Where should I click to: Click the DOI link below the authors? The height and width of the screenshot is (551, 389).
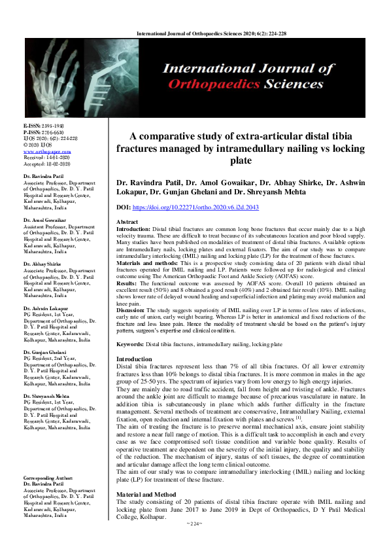click(205, 207)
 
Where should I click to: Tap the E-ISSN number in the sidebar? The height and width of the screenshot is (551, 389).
click(42, 125)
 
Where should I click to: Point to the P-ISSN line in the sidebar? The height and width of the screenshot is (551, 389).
click(42, 132)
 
